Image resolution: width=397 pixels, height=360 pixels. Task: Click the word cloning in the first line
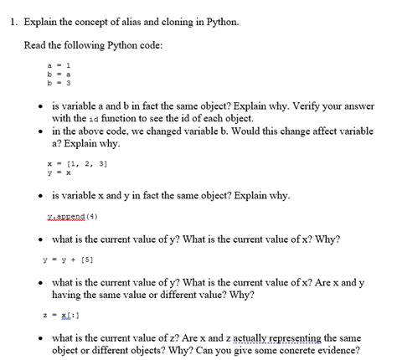coord(172,18)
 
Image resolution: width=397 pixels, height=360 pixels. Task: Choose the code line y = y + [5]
coord(68,259)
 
